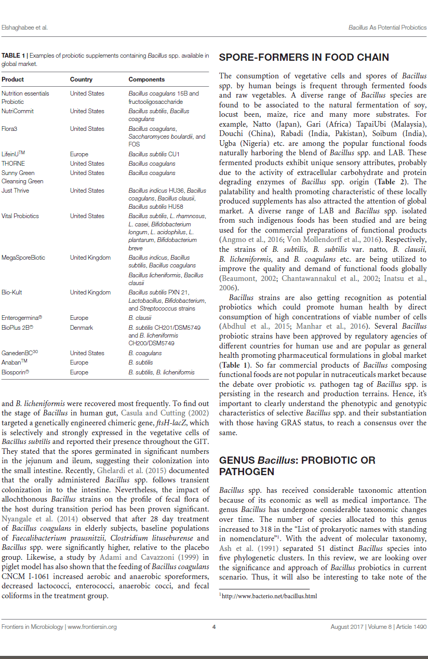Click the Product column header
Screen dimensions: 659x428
13,79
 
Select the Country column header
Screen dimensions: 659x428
81,79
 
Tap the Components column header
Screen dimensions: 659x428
146,79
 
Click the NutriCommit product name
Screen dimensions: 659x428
17,111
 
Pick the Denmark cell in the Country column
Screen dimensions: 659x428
82,328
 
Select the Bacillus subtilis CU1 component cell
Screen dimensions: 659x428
154,154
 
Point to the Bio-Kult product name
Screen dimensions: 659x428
12,292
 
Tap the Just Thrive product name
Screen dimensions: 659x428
15,191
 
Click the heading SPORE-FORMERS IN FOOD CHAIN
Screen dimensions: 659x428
304,58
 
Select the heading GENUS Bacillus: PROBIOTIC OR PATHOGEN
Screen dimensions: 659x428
297,466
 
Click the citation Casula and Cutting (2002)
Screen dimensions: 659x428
165,413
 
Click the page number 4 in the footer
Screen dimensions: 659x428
214,627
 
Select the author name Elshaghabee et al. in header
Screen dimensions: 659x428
25,27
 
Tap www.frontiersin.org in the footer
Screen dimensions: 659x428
92,627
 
